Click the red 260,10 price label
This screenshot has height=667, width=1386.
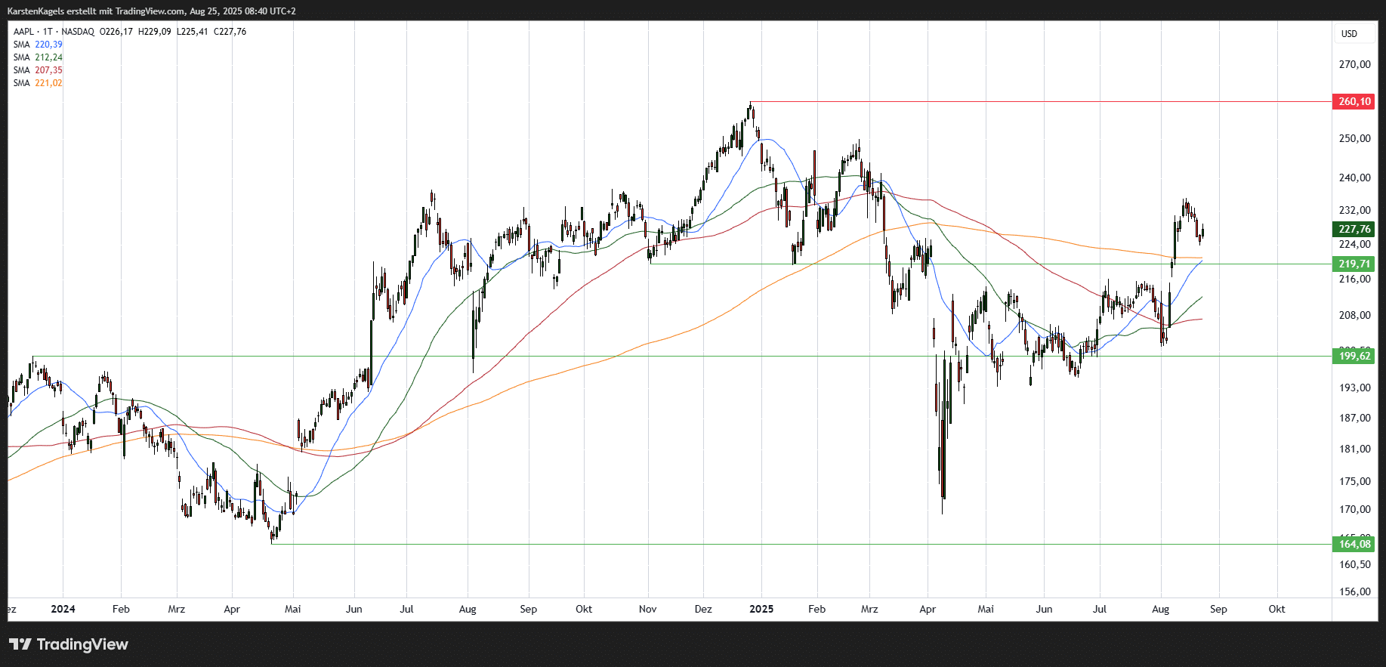coord(1354,101)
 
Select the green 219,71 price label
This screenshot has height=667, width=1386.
coord(1354,264)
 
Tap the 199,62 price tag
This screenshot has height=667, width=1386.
coord(1354,356)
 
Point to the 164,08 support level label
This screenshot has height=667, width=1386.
coord(1354,544)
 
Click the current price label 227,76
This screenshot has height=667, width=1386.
coord(1354,229)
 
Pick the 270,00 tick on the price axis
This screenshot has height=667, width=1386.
coord(1354,64)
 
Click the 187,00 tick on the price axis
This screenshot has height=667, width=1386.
coord(1354,418)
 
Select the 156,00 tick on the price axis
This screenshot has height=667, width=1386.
coord(1354,591)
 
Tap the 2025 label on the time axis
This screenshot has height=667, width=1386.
coord(761,609)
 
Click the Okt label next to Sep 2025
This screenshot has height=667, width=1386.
coord(1276,609)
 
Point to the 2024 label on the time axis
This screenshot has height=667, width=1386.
coord(63,609)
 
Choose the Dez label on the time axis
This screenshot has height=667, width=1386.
coord(703,609)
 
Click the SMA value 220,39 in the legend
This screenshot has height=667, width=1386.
coord(48,45)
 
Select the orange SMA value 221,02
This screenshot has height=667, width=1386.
coord(48,83)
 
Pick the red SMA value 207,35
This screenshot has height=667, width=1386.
coord(48,70)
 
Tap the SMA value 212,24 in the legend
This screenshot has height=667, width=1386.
coord(48,57)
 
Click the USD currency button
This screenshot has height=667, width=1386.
coord(1349,34)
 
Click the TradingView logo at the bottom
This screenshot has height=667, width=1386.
coord(69,644)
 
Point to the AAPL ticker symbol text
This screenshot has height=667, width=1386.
coord(23,32)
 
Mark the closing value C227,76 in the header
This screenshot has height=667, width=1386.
coord(230,32)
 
